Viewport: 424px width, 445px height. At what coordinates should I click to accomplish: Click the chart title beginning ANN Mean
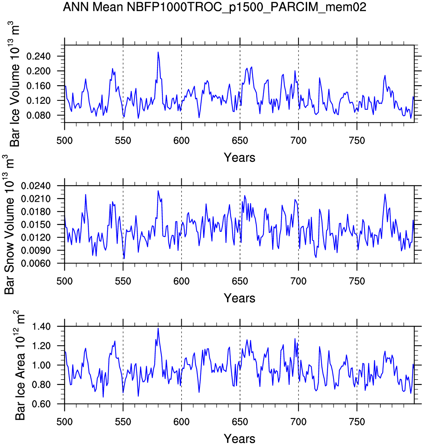point(214,7)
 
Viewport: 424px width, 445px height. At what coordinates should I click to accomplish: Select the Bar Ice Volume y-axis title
point(15,84)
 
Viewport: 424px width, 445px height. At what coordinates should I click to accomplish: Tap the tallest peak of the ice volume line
point(158,52)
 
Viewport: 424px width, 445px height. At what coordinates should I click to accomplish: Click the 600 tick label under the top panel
point(181,141)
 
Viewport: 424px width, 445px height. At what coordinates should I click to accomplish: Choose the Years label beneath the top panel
point(239,158)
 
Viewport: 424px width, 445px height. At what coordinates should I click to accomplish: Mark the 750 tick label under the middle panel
point(357,281)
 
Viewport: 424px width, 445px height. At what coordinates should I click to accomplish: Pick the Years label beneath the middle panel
point(239,298)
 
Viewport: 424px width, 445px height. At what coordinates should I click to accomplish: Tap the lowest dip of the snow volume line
point(124,258)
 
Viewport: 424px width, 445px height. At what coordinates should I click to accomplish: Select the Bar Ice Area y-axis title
point(20,365)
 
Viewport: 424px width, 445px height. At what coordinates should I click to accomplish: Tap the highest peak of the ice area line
point(158,328)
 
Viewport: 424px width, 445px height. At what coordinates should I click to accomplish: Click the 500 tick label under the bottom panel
point(64,422)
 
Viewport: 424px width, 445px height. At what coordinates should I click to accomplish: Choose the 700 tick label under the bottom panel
point(298,422)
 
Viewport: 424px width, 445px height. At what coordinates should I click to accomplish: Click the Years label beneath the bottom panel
point(239,438)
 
